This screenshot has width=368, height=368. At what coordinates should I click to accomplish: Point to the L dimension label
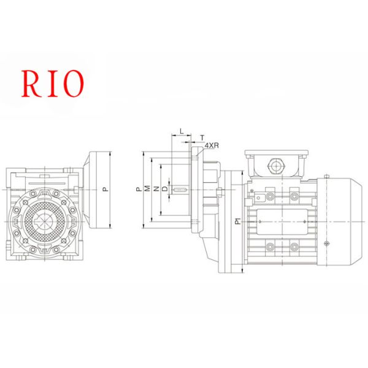point(180,130)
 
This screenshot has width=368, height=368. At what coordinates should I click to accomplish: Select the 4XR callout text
point(212,145)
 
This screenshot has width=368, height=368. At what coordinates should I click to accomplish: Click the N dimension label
point(156,189)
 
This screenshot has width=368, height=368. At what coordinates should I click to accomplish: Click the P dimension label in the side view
point(139,189)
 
